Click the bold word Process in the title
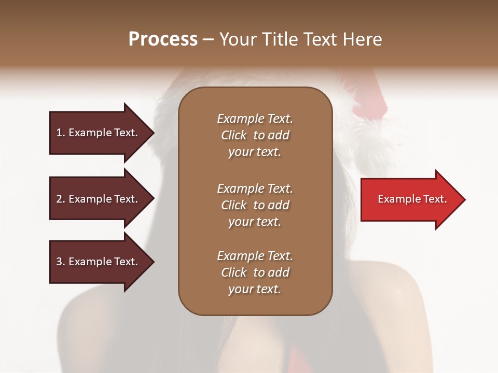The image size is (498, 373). click(163, 39)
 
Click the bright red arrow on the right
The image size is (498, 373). click(410, 199)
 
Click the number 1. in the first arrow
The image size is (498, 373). click(61, 133)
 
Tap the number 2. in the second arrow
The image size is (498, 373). click(61, 199)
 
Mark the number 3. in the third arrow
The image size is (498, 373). click(61, 262)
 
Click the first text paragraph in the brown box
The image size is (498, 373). click(255, 135)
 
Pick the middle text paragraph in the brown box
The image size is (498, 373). click(255, 205)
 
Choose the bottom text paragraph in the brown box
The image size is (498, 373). click(255, 272)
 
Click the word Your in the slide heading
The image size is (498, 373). click(239, 39)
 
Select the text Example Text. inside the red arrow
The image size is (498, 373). click(412, 199)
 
